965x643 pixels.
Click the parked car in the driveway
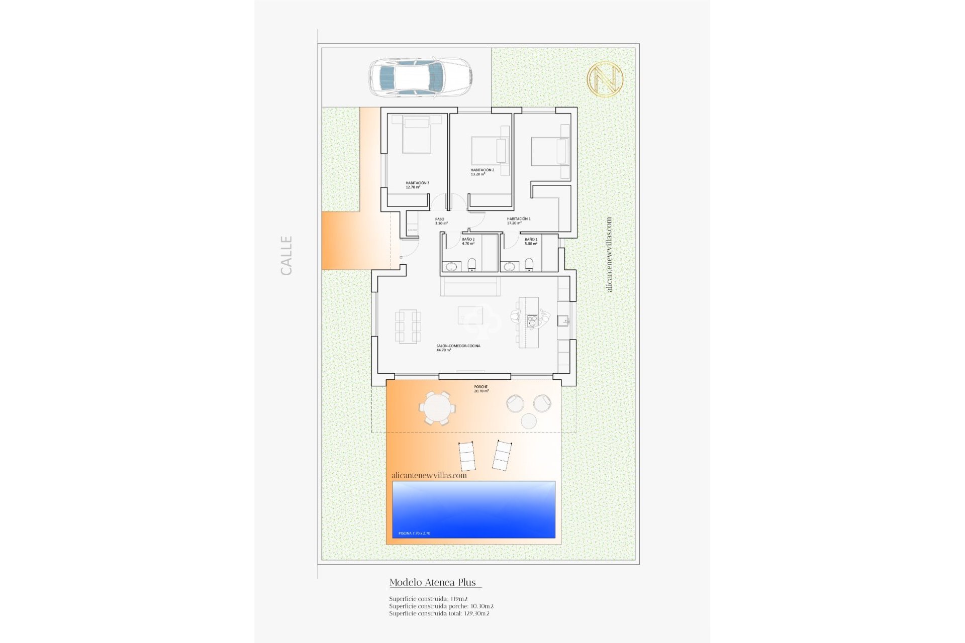(x=421, y=77)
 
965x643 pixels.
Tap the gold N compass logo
(x=605, y=79)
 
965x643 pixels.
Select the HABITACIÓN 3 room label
(x=417, y=185)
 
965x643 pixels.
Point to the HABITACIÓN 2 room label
(x=482, y=172)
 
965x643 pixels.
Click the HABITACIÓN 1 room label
(x=518, y=221)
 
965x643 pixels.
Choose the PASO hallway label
(x=441, y=221)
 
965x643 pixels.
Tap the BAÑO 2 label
(x=468, y=241)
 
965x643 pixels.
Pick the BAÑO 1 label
(x=531, y=241)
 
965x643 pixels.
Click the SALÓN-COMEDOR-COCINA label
(x=458, y=348)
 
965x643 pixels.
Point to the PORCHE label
(x=481, y=389)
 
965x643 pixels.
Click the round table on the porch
(x=436, y=407)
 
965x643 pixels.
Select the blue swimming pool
(x=473, y=509)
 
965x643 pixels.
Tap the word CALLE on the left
(x=286, y=255)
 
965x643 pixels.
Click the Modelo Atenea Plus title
(x=433, y=582)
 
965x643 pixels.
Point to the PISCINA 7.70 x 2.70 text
(x=414, y=533)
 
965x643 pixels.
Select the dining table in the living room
(x=408, y=327)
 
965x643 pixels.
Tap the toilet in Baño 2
(x=471, y=264)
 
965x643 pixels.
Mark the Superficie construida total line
(x=439, y=613)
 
